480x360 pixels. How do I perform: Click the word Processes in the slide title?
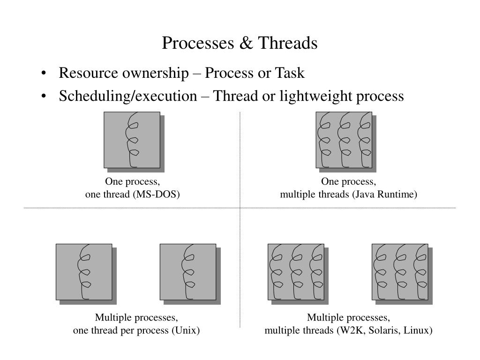pos(198,43)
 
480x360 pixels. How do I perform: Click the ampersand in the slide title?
pos(246,43)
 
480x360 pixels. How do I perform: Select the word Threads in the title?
pos(288,43)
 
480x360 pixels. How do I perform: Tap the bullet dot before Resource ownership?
pos(44,74)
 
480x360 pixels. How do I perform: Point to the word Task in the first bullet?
pos(290,73)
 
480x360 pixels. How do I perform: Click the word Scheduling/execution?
pos(128,96)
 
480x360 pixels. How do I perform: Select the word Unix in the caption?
pos(186,330)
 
